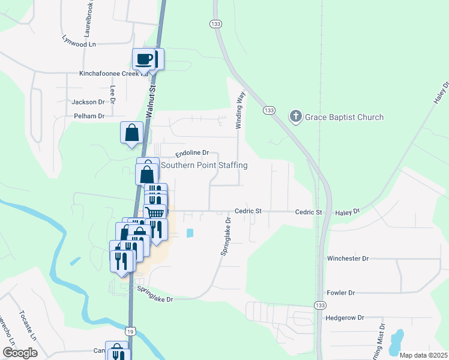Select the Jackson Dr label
[x=88, y=102]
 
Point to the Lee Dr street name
[x=112, y=92]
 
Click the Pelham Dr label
[x=89, y=116]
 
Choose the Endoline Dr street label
[x=192, y=153]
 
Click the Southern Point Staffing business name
[x=203, y=165]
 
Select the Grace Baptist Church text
[x=344, y=117]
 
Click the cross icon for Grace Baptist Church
[x=295, y=116]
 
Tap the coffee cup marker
[x=144, y=59]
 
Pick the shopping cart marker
[x=155, y=212]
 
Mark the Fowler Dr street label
[x=341, y=293]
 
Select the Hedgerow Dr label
[x=345, y=319]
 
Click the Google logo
[x=20, y=353]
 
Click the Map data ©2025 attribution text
[x=423, y=355]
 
